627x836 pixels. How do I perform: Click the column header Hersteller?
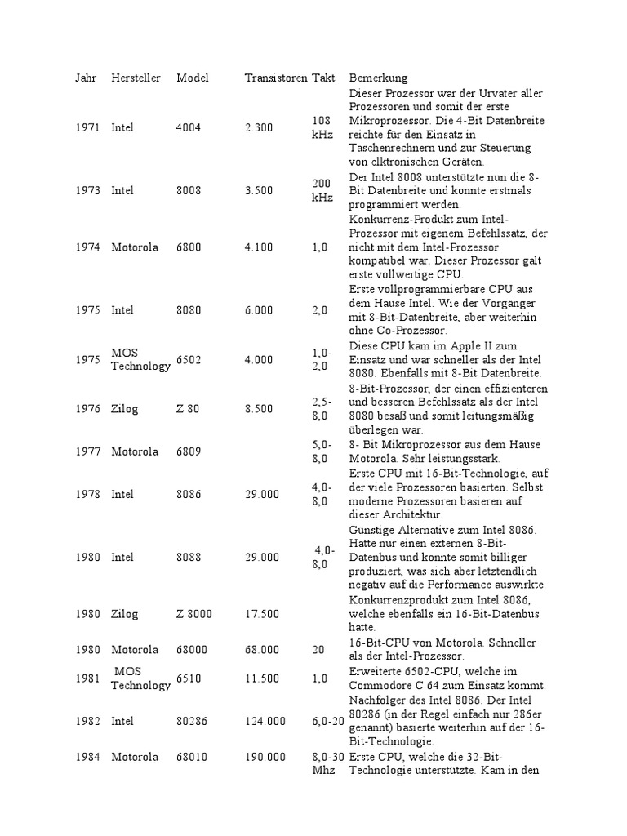pos(136,78)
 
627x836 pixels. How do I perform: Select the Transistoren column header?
pos(275,78)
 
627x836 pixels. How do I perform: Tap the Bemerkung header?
pos(378,78)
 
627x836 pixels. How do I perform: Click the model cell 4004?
pos(188,127)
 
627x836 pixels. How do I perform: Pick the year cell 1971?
pos(88,127)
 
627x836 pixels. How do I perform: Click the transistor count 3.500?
pos(259,190)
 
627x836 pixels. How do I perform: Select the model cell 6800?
pos(188,247)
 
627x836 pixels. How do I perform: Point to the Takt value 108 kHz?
pos(322,127)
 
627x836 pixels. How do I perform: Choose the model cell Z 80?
pos(187,409)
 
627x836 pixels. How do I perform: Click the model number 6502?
pos(188,359)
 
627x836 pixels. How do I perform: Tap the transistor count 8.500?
pos(259,409)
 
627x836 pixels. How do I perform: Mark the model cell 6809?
pos(188,451)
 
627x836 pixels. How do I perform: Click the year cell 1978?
pos(88,494)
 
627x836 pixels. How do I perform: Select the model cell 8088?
pos(188,557)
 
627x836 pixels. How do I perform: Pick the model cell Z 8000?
pos(193,614)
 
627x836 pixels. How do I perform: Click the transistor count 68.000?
pos(262,650)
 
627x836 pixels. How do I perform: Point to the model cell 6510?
pos(188,678)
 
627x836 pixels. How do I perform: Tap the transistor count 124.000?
pos(265,721)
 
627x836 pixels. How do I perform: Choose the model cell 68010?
pos(191,757)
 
